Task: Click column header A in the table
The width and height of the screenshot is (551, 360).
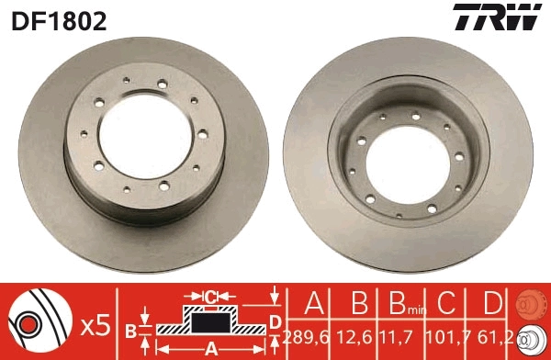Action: click(312, 303)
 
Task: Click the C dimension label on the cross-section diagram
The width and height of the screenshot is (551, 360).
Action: click(210, 296)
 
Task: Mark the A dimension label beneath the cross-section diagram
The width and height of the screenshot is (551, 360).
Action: click(210, 348)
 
